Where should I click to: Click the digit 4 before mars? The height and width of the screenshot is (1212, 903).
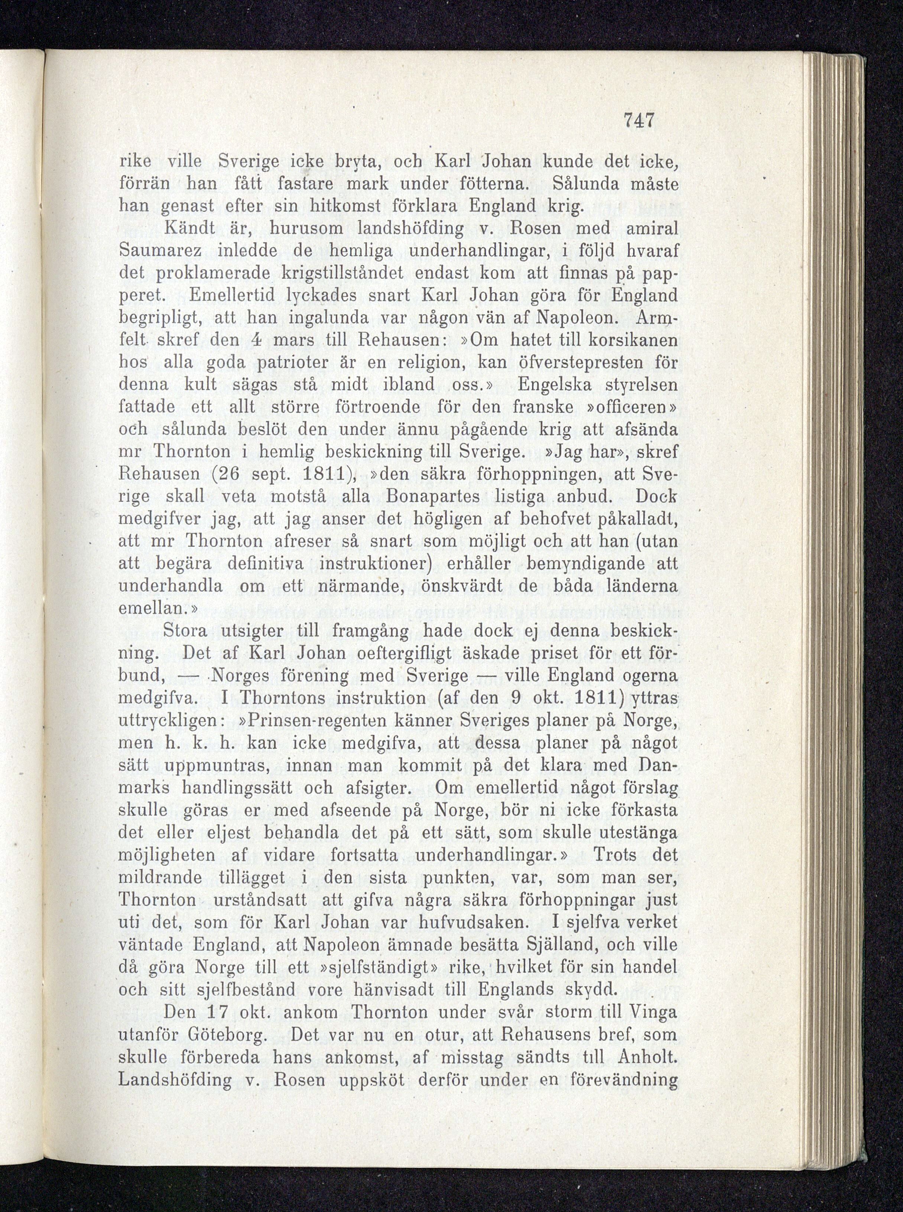tap(247, 339)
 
